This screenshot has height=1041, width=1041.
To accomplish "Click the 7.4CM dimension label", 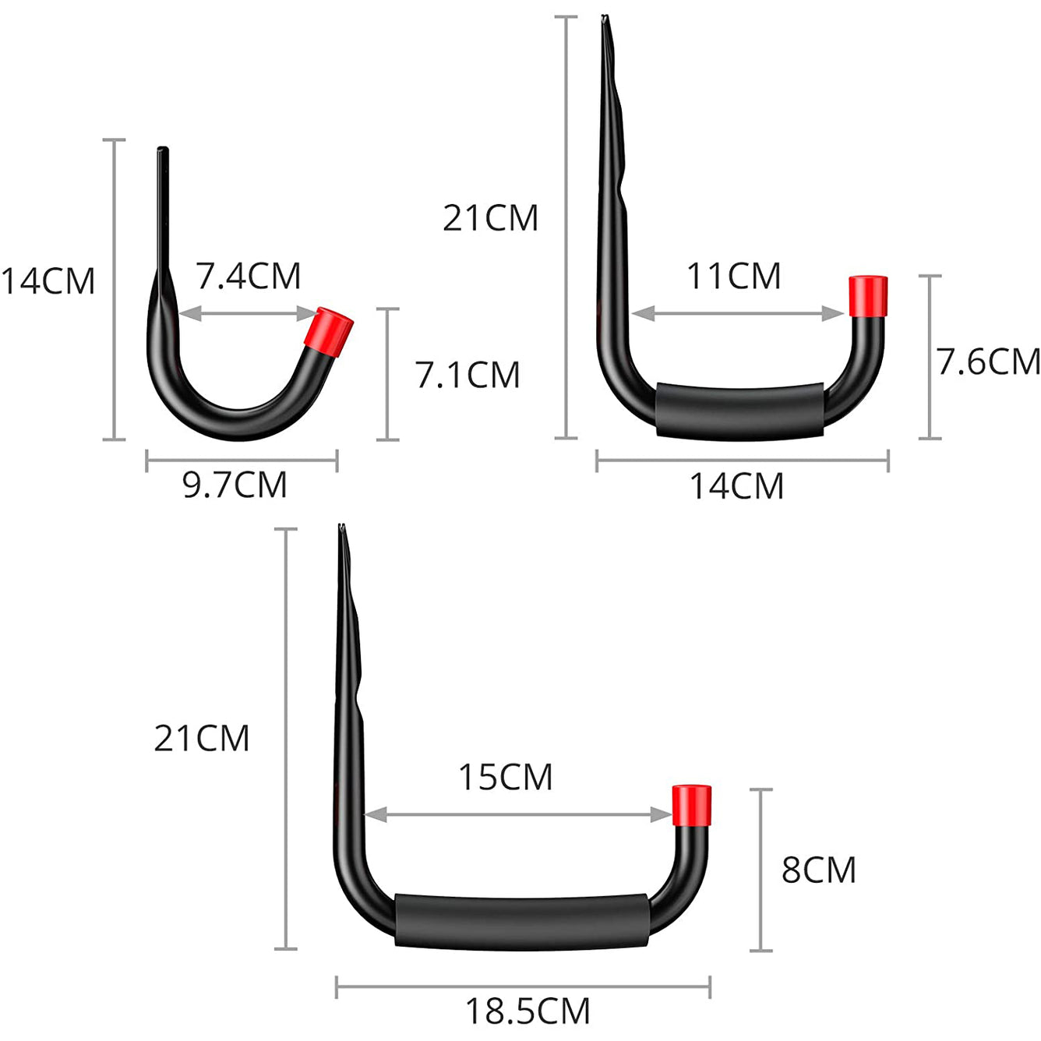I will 248,276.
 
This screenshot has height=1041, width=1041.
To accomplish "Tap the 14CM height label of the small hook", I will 48,281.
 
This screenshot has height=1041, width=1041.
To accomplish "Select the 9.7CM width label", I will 235,485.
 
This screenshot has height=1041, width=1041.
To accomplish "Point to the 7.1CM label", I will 468,375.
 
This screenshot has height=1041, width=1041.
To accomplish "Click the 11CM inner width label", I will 733,276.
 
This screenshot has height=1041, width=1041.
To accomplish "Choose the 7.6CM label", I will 988,362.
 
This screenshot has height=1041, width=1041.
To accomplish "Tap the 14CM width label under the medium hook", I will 736,486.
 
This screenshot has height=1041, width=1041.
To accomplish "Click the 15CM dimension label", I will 505,777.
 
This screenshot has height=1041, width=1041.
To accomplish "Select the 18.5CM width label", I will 528,1011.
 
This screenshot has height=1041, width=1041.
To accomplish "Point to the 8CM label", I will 818,870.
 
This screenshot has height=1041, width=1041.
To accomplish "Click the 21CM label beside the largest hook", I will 201,738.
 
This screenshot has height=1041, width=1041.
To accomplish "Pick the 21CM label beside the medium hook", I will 490,218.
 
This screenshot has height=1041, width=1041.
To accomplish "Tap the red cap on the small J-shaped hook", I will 333,330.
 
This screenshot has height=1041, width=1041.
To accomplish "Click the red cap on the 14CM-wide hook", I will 868,296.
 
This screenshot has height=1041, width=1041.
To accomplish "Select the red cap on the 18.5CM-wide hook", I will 691,804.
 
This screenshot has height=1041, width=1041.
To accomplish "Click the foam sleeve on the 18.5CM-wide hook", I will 520,922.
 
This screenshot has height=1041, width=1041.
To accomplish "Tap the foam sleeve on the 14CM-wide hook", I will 739,410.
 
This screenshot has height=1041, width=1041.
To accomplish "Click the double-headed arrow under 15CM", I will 518,815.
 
